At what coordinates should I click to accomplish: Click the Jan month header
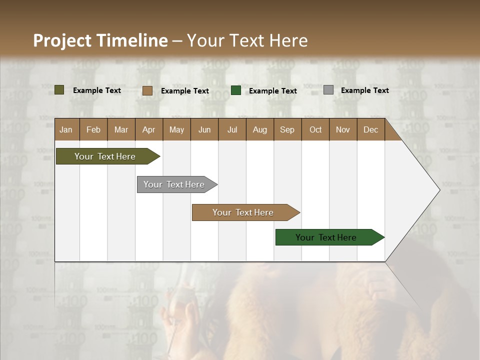66,129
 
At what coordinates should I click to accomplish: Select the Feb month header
93,129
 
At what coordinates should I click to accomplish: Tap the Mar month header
121,129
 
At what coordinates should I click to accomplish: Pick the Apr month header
148,129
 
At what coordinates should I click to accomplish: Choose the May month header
176,129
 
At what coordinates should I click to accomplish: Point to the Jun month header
204,129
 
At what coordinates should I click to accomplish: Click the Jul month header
232,129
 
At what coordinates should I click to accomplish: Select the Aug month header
259,129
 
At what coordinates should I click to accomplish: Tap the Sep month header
287,129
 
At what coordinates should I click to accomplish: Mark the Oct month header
315,129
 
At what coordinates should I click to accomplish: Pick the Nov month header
343,129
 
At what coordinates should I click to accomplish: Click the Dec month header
370,129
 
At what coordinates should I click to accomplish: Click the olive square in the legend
59,90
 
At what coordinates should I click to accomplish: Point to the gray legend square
328,90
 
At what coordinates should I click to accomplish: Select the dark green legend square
236,90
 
